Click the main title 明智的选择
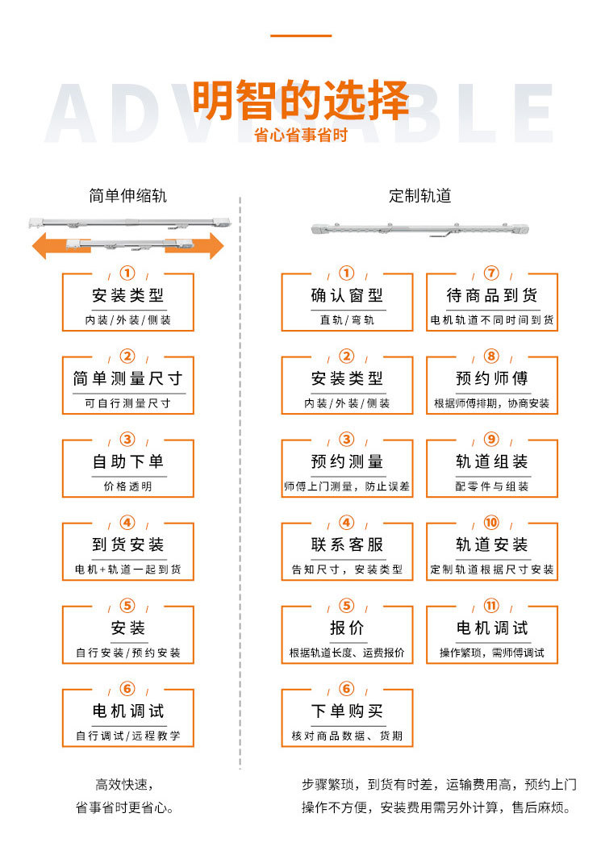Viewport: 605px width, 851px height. coord(300,101)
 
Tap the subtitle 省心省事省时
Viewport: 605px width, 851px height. coord(300,135)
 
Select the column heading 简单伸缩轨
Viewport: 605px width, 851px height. coord(127,196)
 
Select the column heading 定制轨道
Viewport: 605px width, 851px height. coord(419,196)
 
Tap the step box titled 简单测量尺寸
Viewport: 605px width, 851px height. coord(127,386)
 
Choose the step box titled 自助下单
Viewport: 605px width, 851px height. coord(127,469)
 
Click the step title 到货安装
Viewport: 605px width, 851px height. coord(127,544)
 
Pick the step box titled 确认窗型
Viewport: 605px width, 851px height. coord(347,302)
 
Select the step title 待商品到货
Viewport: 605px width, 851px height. coord(492,295)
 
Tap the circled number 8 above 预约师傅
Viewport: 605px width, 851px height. coord(492,357)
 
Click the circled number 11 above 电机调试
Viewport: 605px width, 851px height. coord(492,606)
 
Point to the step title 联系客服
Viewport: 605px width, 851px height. coord(347,544)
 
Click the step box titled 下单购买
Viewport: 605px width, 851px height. coord(347,718)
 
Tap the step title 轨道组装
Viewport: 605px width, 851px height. coord(492,461)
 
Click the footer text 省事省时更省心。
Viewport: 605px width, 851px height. coord(124,807)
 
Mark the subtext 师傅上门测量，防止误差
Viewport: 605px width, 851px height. coord(347,487)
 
